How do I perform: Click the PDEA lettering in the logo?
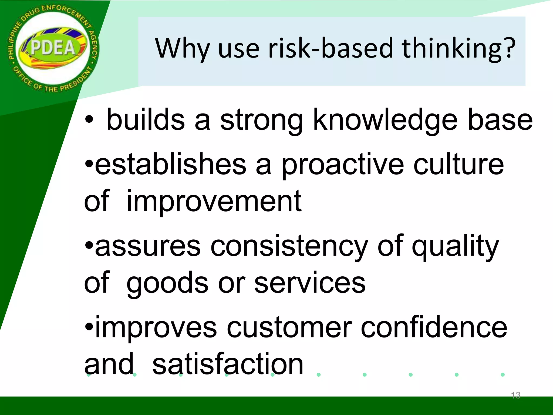coord(53,48)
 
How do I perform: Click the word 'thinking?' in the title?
coord(458,49)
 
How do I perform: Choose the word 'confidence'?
coord(434,327)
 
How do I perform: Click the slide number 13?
coord(515,395)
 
